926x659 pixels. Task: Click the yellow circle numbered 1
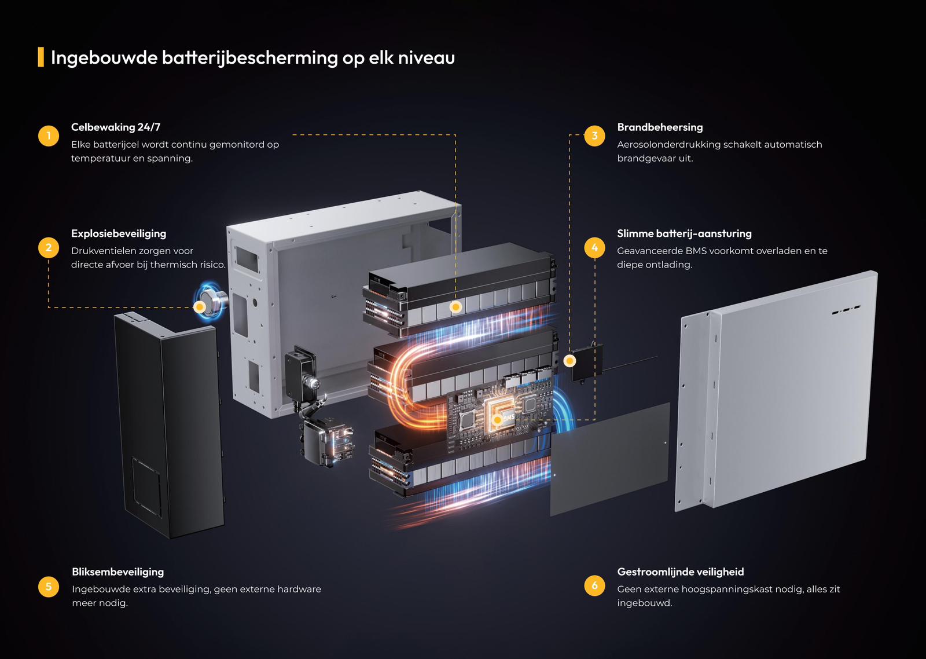pos(49,136)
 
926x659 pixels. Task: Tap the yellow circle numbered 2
pos(49,247)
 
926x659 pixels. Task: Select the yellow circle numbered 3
pos(594,136)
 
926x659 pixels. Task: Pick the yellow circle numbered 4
pos(594,247)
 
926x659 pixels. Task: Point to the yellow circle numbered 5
pos(49,586)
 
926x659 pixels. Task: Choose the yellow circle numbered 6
pos(594,585)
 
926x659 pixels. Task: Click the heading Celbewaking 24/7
pos(116,127)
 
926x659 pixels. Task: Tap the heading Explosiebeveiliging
pos(119,234)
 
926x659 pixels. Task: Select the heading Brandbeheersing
pos(660,127)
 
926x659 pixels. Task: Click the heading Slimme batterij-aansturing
pos(684,234)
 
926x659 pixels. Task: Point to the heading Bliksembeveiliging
pos(118,572)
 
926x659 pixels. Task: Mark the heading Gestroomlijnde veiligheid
pos(681,572)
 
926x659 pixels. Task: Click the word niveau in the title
pos(426,57)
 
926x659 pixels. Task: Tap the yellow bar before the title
pos(41,57)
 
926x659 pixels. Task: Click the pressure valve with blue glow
pos(212,301)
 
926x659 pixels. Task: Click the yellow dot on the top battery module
pos(455,307)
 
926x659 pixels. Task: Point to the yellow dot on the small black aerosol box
pos(569,361)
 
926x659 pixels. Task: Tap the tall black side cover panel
pos(169,426)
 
